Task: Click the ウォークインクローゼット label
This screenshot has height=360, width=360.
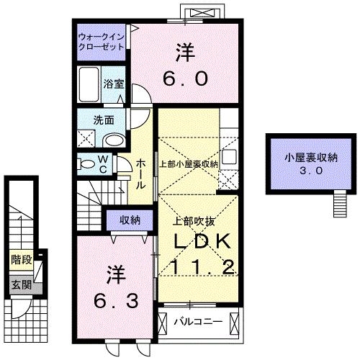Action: (100, 40)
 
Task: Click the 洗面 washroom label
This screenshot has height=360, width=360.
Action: (105, 120)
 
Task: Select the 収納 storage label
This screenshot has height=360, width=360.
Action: (130, 219)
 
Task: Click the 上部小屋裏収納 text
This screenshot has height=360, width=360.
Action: (189, 163)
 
